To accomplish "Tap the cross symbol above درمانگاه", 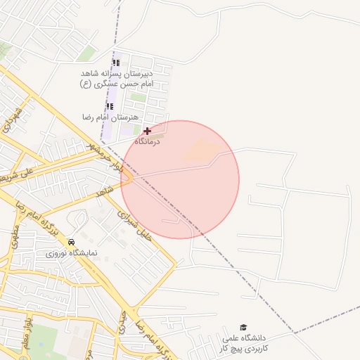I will tap(147, 131).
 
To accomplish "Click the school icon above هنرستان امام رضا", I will tap(109, 106).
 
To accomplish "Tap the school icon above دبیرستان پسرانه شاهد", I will tap(116, 62).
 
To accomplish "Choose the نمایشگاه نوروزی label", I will tap(73, 252).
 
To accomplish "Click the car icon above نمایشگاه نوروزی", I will tap(71, 242).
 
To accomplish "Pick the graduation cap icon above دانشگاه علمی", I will tap(243, 327).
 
